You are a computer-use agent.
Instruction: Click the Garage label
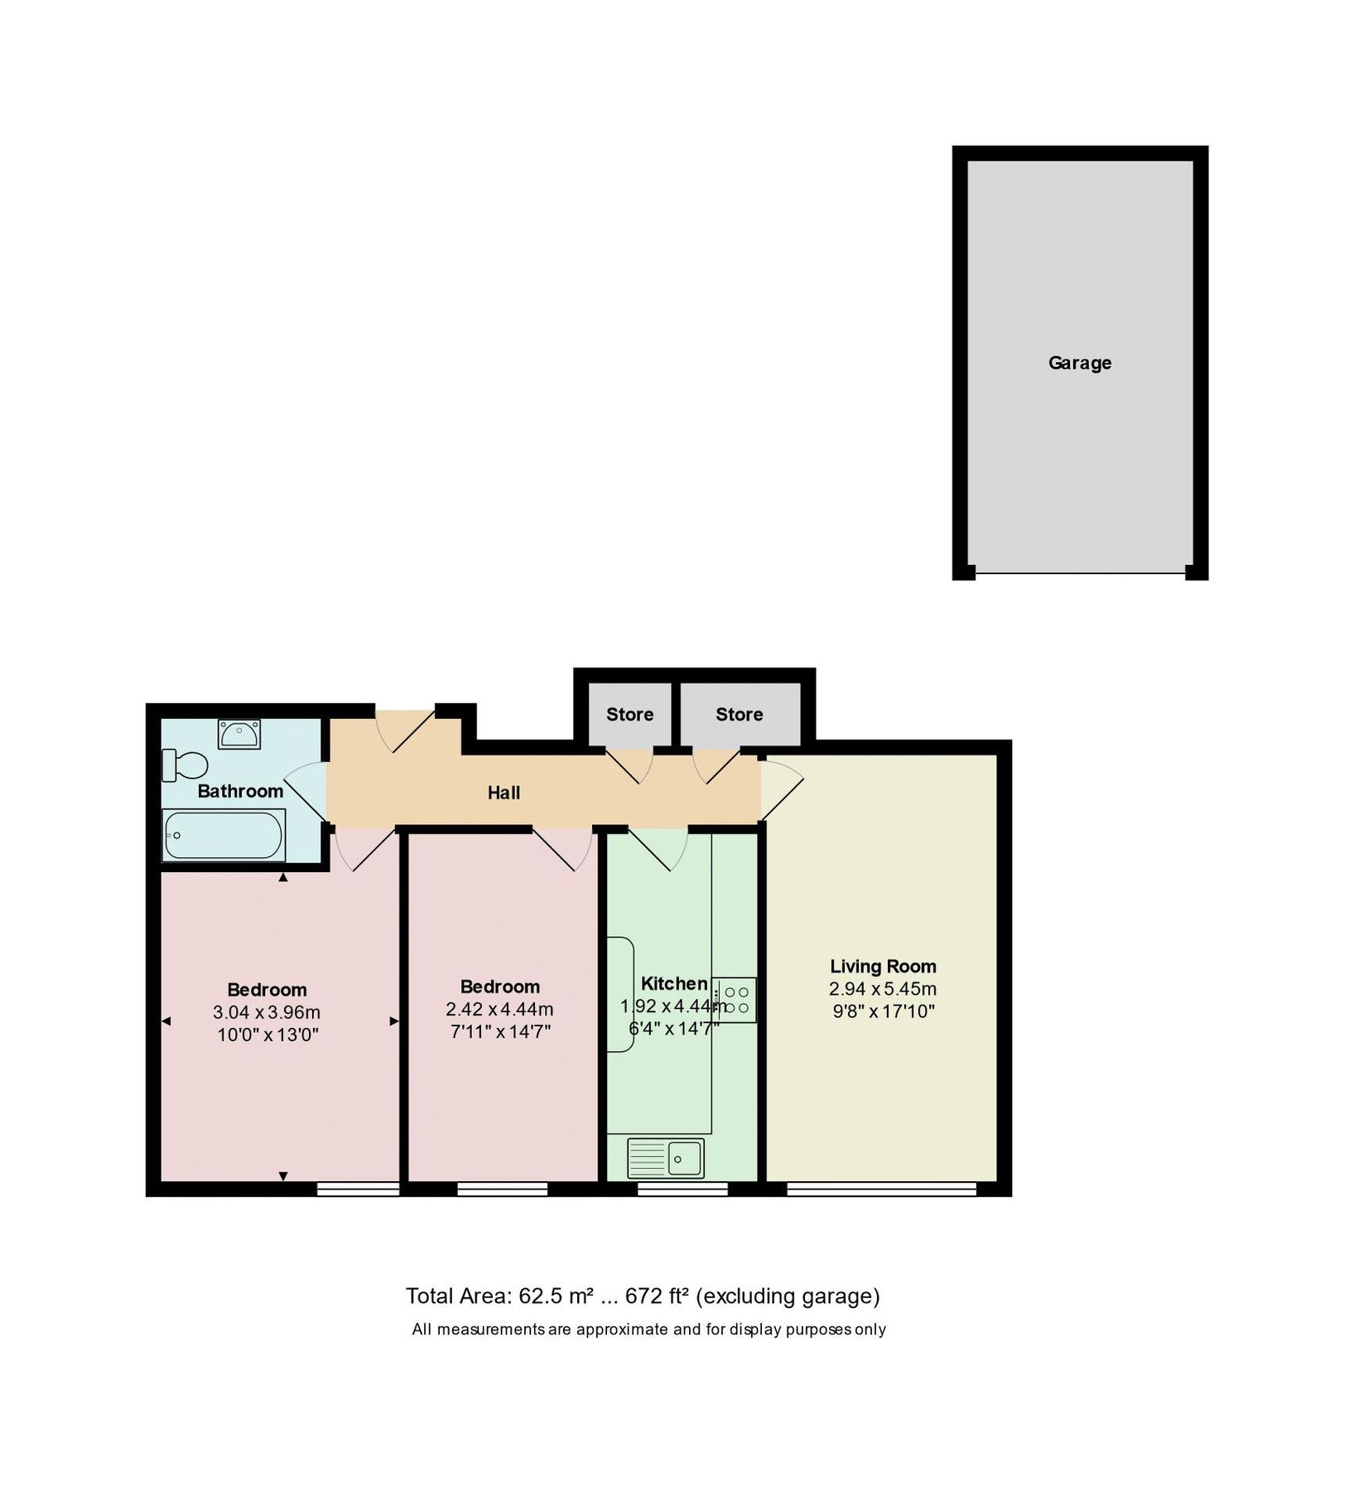[x=1079, y=363]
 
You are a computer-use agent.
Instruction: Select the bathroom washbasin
[x=239, y=734]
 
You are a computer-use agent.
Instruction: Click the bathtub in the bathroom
[x=224, y=835]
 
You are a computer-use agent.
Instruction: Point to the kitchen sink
[x=666, y=1157]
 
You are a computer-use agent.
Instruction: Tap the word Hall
[x=504, y=793]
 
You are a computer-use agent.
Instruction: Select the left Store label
[x=629, y=714]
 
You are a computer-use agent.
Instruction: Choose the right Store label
[x=739, y=714]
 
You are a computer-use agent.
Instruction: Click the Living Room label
[x=883, y=966]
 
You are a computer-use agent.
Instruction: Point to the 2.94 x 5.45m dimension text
[x=883, y=988]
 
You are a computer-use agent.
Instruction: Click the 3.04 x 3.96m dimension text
[x=267, y=1012]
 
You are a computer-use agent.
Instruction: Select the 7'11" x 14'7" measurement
[x=499, y=1031]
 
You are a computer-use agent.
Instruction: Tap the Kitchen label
[x=674, y=983]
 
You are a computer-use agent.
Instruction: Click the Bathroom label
[x=240, y=791]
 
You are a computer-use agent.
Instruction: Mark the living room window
[x=881, y=1189]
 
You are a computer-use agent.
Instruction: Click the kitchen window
[x=682, y=1189]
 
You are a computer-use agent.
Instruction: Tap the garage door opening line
[x=1080, y=572]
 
